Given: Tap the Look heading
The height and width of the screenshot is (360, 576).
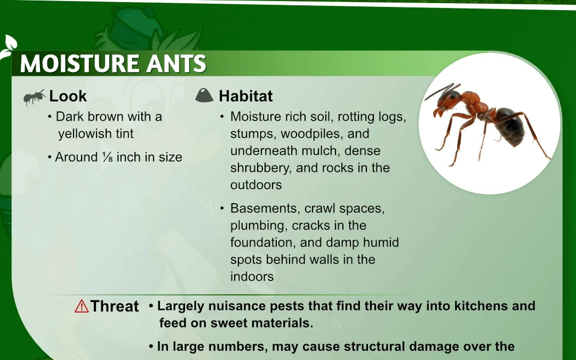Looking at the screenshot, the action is tap(68, 96).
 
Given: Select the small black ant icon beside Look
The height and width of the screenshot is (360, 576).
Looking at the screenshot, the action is tap(35, 97).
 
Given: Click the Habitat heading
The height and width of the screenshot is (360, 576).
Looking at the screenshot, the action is tap(246, 96).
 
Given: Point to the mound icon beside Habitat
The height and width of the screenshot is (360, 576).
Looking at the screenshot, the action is tap(204, 95).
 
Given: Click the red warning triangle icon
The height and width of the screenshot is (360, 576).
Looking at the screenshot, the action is tap(82, 306).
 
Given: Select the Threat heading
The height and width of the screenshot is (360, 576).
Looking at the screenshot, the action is tap(115, 306).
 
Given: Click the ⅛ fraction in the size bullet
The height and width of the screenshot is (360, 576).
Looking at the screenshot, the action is tap(108, 157).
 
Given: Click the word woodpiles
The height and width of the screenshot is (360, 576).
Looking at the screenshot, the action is tap(312, 134).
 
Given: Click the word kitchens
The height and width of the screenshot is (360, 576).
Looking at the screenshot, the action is tap(479, 306).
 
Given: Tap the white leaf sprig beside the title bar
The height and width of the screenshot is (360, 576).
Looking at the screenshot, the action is tap(7, 47).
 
